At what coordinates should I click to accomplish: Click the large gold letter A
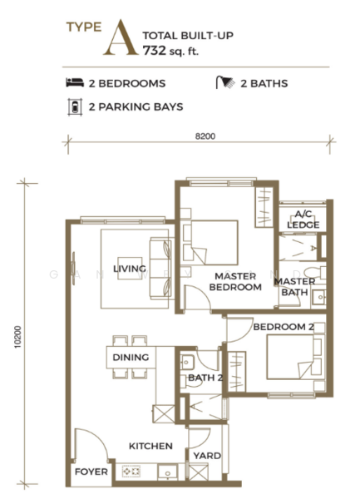click(121, 37)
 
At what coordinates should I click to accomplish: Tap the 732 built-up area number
click(155, 51)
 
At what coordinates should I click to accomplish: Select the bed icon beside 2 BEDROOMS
click(75, 82)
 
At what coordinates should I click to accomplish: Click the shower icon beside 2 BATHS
click(225, 82)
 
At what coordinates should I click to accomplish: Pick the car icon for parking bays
click(75, 107)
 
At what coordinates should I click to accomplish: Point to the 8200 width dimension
click(205, 136)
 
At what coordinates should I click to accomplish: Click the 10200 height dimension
click(17, 337)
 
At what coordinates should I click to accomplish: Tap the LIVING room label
click(130, 269)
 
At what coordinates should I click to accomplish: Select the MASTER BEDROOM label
click(235, 282)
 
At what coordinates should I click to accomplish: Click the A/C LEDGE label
click(303, 220)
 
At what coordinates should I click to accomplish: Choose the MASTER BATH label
click(295, 287)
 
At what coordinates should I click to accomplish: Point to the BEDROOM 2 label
click(284, 327)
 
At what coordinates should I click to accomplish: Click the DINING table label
click(131, 357)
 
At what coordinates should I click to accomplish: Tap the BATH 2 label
click(205, 378)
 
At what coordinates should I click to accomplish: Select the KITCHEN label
click(150, 446)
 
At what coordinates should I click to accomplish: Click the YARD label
click(207, 456)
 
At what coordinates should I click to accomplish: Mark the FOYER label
click(91, 472)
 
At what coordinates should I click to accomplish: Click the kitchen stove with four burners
click(131, 472)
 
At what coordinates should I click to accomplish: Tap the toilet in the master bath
click(315, 273)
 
